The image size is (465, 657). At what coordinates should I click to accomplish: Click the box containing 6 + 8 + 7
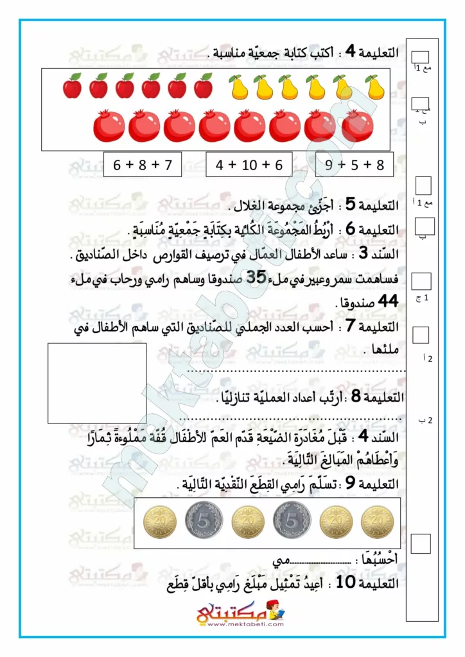[143, 165]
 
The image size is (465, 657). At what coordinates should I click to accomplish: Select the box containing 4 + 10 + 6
[249, 165]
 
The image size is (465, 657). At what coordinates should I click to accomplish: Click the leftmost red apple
[73, 86]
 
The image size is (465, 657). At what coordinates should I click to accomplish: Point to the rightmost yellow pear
[375, 87]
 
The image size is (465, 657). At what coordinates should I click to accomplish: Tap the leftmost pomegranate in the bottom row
[109, 126]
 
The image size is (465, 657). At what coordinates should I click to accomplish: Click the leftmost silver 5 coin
[204, 520]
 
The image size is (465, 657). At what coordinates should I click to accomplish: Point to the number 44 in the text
[386, 300]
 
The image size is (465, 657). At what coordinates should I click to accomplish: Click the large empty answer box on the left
[97, 383]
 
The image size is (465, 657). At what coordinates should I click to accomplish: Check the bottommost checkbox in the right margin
[421, 543]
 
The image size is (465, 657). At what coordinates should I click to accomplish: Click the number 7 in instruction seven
[351, 327]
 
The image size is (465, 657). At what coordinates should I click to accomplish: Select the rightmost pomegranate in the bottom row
[357, 126]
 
